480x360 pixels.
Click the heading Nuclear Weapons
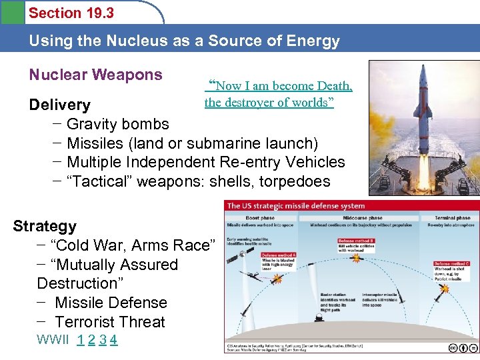click(x=95, y=75)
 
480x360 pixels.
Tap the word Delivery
click(x=59, y=105)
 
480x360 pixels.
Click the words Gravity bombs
click(x=118, y=124)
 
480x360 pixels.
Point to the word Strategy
click(x=45, y=226)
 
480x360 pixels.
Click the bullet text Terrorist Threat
click(x=110, y=322)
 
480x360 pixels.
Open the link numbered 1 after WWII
click(x=80, y=340)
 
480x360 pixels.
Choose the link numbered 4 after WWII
click(x=114, y=340)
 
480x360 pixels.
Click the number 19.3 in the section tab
click(x=101, y=13)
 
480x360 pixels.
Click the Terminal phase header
click(x=453, y=217)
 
